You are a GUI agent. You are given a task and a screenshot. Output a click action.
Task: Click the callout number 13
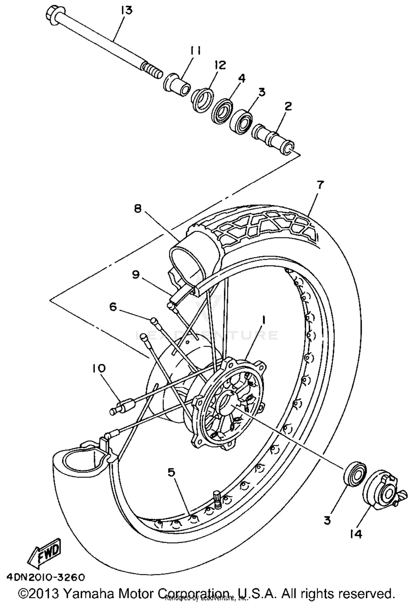point(127,10)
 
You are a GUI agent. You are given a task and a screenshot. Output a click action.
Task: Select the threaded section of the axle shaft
point(151,70)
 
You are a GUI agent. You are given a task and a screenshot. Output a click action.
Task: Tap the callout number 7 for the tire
point(319,185)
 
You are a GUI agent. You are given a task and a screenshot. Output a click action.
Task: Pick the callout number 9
point(136,274)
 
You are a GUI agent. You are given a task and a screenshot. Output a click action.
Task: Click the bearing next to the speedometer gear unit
point(355,474)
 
